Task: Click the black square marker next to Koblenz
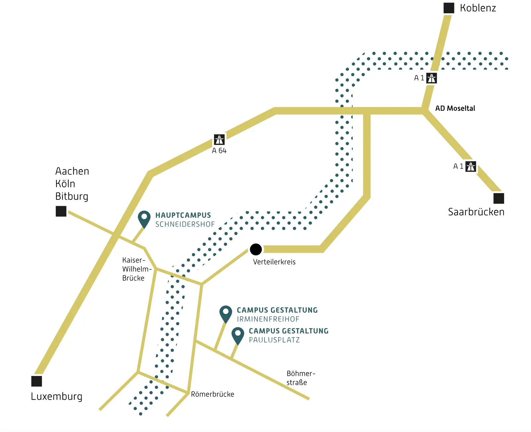[x=449, y=8]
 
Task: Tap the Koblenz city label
[x=478, y=8]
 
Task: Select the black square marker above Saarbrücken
[x=498, y=198]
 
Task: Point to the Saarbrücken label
[x=476, y=212]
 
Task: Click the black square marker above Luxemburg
[x=37, y=381]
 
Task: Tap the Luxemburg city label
[x=56, y=396]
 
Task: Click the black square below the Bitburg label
[x=61, y=211]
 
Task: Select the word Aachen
[x=72, y=171]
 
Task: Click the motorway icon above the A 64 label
[x=219, y=140]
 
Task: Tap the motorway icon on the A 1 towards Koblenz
[x=431, y=78]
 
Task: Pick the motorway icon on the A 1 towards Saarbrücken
[x=471, y=166]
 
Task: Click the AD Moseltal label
[x=455, y=108]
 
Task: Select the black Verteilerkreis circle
[x=256, y=249]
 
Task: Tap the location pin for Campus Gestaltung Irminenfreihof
[x=226, y=313]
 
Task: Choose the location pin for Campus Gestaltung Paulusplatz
[x=238, y=335]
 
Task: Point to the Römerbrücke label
[x=212, y=394]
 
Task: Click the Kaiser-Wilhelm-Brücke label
[x=136, y=269]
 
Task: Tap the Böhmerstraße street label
[x=301, y=378]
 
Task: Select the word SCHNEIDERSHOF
[x=185, y=224]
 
